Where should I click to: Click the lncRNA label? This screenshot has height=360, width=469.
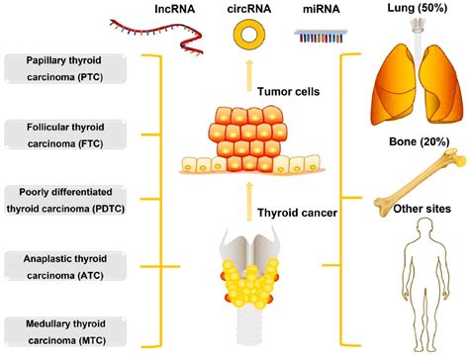coord(175,9)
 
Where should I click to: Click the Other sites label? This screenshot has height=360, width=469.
coord(413,209)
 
